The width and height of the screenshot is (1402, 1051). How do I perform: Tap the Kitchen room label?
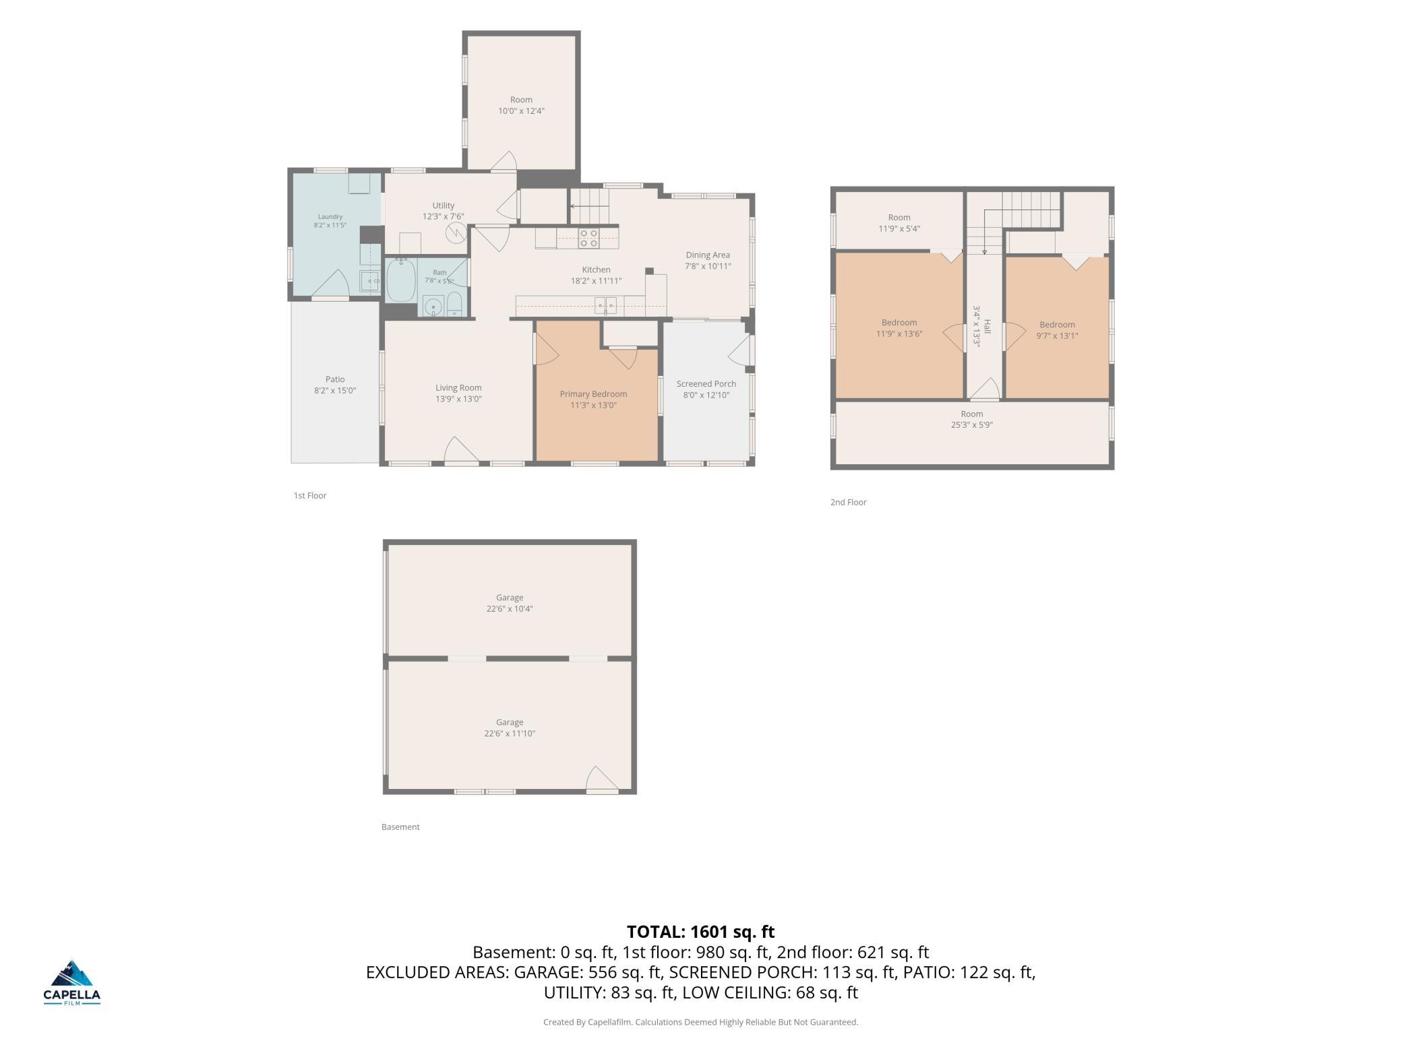[x=596, y=270]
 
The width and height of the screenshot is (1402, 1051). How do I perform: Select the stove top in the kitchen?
[x=588, y=238]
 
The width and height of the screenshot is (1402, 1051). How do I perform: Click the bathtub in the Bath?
[x=401, y=280]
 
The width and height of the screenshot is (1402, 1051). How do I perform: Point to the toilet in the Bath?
[x=455, y=304]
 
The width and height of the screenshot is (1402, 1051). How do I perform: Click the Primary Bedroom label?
[x=593, y=394]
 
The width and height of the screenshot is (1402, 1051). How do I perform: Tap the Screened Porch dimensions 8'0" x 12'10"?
[x=706, y=395]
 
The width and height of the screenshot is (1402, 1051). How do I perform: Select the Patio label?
[x=335, y=379]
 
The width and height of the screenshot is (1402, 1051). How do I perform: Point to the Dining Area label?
[x=708, y=255]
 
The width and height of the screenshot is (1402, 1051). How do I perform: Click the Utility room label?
[x=444, y=205]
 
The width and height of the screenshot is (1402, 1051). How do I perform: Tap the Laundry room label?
[x=330, y=217]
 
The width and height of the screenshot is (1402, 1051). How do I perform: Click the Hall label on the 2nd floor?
[x=987, y=327]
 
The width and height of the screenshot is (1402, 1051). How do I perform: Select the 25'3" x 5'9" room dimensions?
[x=972, y=425]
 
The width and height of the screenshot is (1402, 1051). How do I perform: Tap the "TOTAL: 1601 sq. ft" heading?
[x=701, y=932]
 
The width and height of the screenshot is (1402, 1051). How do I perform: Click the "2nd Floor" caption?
[x=849, y=502]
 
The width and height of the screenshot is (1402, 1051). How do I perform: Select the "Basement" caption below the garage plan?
[x=400, y=827]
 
